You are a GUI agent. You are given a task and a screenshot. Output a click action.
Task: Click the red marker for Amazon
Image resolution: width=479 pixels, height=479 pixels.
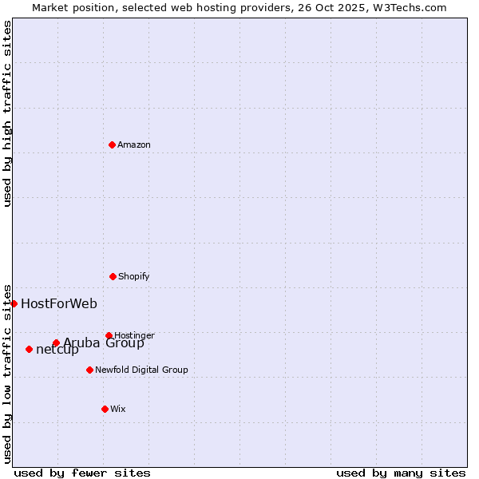click(112, 144)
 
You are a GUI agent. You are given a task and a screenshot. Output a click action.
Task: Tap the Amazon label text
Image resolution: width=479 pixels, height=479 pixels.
click(134, 145)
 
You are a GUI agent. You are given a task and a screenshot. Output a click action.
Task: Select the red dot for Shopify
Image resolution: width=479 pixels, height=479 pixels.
click(113, 276)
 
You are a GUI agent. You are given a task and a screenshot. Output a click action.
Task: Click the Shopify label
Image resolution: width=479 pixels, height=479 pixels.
click(134, 277)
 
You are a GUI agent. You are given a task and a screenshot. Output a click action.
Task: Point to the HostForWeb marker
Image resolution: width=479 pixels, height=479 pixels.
click(14, 303)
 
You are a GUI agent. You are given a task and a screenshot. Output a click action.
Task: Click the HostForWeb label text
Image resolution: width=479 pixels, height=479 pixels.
click(59, 303)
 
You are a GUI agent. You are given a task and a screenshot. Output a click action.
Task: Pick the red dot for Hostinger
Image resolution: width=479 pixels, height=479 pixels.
click(109, 335)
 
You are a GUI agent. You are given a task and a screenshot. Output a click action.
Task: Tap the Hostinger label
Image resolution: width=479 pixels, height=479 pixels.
click(134, 335)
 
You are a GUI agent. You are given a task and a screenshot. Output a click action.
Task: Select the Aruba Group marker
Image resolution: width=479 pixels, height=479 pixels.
click(56, 343)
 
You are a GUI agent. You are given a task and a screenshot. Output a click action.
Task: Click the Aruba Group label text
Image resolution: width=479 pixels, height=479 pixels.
click(104, 344)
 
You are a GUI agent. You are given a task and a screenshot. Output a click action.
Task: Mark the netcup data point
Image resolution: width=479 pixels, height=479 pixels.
click(29, 349)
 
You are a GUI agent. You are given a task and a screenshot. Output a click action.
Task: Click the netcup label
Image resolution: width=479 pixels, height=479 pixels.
click(57, 350)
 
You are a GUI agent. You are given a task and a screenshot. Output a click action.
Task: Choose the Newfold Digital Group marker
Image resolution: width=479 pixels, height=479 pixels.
click(89, 370)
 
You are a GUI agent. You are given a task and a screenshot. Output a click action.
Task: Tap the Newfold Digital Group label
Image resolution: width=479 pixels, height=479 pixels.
click(141, 370)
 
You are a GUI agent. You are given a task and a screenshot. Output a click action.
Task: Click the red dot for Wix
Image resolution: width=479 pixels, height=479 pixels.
click(105, 409)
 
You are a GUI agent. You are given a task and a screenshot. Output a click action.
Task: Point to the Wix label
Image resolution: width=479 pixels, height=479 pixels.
click(118, 410)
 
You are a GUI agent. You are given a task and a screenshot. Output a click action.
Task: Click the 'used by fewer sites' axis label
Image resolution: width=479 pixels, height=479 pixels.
click(82, 473)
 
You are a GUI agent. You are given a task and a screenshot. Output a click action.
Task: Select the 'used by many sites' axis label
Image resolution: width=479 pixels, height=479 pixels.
click(401, 473)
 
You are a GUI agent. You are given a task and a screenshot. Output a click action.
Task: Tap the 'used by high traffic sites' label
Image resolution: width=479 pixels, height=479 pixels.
click(7, 113)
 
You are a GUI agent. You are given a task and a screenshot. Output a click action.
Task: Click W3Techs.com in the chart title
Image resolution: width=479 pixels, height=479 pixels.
click(408, 7)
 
